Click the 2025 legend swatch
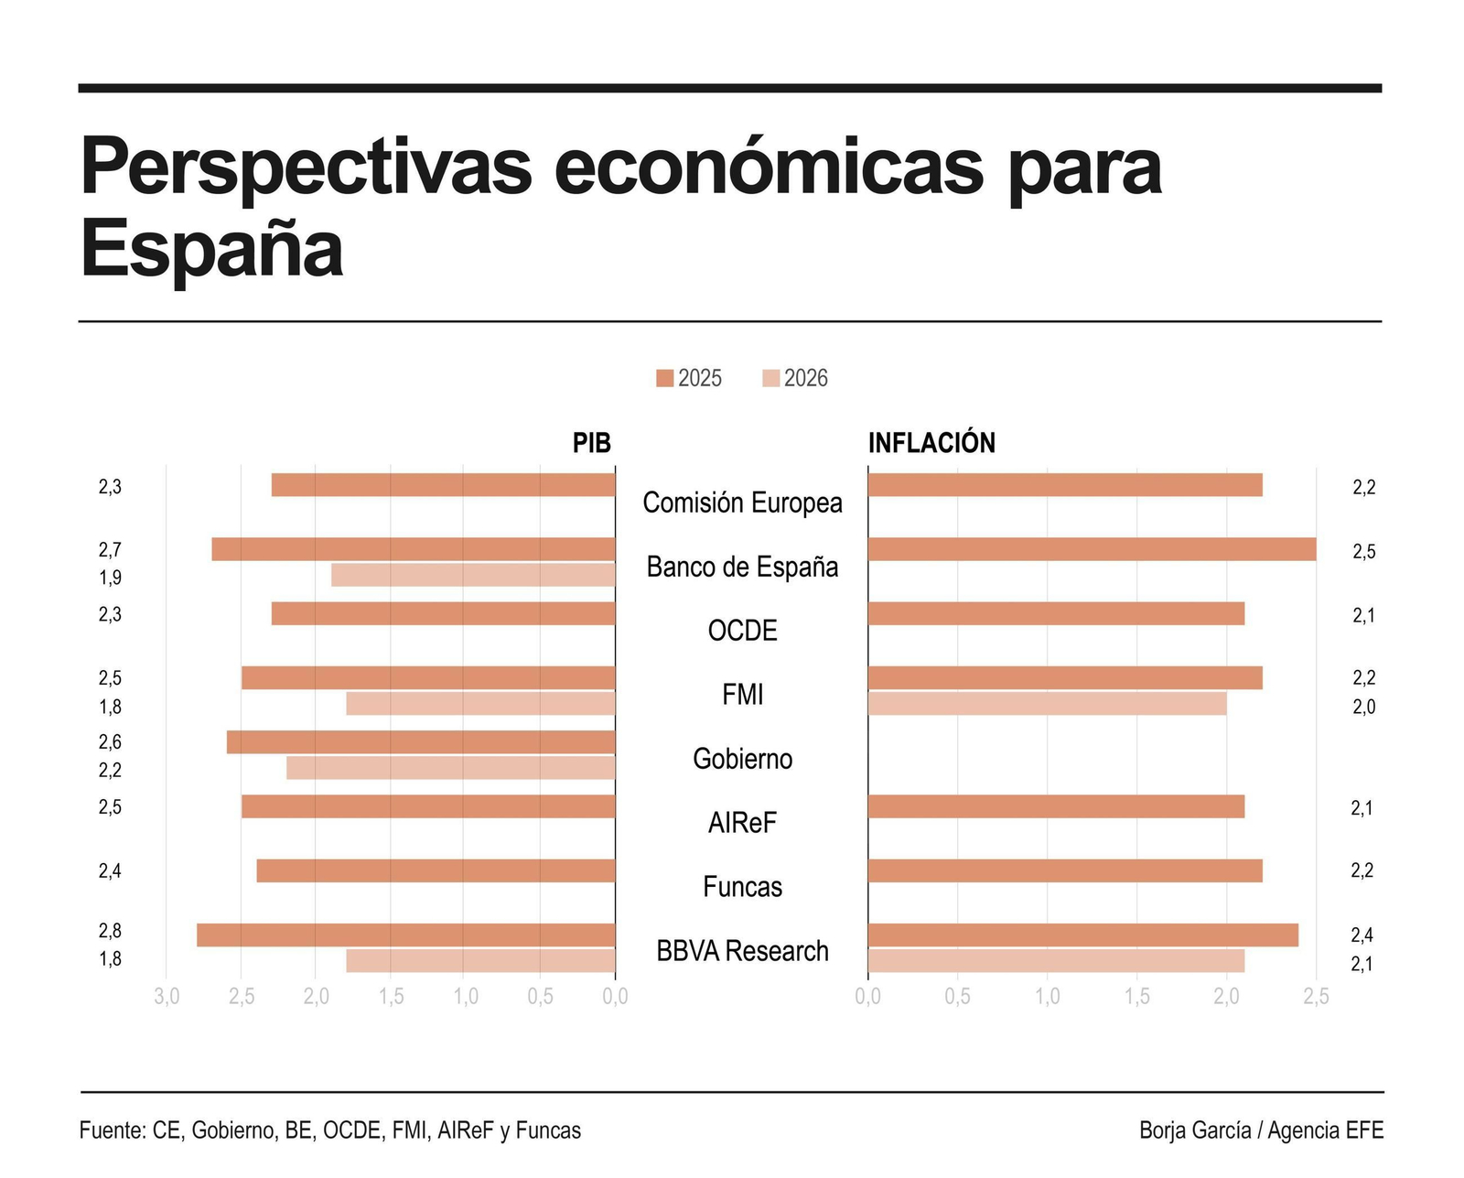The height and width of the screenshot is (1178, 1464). pyautogui.click(x=664, y=378)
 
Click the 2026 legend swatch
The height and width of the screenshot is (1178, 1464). pyautogui.click(x=770, y=378)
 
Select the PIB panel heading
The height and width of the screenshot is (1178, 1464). pyautogui.click(x=591, y=443)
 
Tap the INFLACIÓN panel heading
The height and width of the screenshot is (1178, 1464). pyautogui.click(x=931, y=443)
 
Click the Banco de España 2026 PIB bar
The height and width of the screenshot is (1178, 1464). pyautogui.click(x=473, y=575)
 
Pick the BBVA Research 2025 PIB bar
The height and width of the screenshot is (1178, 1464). pyautogui.click(x=405, y=935)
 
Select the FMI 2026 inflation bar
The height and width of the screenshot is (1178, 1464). pyautogui.click(x=1047, y=703)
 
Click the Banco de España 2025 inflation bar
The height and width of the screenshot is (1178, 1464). pyautogui.click(x=1092, y=549)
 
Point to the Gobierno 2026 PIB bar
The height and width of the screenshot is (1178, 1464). pyautogui.click(x=450, y=768)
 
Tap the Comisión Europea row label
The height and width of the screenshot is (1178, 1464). pyautogui.click(x=742, y=503)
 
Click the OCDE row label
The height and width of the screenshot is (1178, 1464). pyautogui.click(x=742, y=631)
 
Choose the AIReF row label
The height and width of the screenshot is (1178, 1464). pyautogui.click(x=742, y=823)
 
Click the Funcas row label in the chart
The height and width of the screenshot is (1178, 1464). pyautogui.click(x=742, y=887)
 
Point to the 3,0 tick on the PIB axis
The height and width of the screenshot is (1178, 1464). pyautogui.click(x=167, y=997)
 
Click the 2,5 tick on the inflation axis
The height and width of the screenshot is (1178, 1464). pyautogui.click(x=1316, y=997)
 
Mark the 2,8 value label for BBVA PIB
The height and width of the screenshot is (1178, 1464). pyautogui.click(x=110, y=931)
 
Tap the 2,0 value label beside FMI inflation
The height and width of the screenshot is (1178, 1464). pyautogui.click(x=1363, y=707)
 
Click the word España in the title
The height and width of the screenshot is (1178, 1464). pyautogui.click(x=212, y=249)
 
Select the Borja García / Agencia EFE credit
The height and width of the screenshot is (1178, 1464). pyautogui.click(x=1261, y=1130)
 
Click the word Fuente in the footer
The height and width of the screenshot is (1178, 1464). pyautogui.click(x=112, y=1130)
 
